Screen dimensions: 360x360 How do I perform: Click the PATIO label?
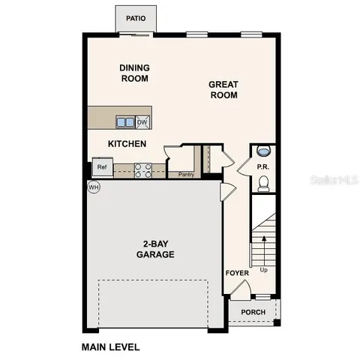pyautogui.click(x=136, y=18)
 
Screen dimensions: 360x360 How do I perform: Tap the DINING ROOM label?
pyautogui.click(x=135, y=73)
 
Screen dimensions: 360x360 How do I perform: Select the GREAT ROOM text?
pyautogui.click(x=223, y=90)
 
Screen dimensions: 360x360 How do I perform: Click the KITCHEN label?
pyautogui.click(x=127, y=144)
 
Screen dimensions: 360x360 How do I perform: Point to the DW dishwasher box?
pyautogui.click(x=142, y=121)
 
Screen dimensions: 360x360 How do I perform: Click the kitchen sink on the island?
pyautogui.click(x=124, y=121)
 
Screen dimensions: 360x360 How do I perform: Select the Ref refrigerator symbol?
pyautogui.click(x=101, y=168)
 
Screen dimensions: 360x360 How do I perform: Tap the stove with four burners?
pyautogui.click(x=143, y=170)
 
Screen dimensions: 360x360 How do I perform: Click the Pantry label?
pyautogui.click(x=187, y=175)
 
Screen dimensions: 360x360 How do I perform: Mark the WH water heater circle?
pyautogui.click(x=94, y=187)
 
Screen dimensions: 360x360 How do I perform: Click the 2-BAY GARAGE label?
pyautogui.click(x=155, y=249)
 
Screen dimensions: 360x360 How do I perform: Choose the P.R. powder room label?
pyautogui.click(x=263, y=167)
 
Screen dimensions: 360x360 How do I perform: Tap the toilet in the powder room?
pyautogui.click(x=263, y=183)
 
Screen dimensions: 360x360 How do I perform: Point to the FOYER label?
pyautogui.click(x=237, y=273)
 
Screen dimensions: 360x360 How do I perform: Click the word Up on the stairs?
pyautogui.click(x=263, y=269)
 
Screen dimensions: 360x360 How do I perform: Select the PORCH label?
pyautogui.click(x=253, y=313)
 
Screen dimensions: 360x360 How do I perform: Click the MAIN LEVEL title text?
pyautogui.click(x=109, y=347)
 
